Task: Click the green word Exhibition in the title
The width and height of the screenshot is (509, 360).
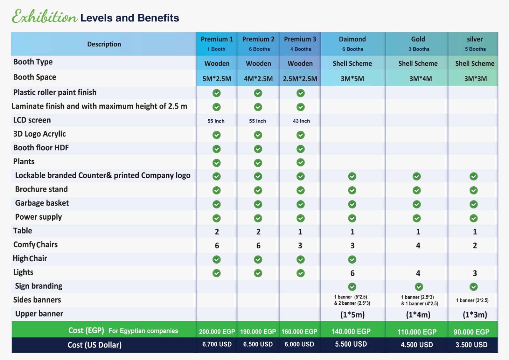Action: point(45,16)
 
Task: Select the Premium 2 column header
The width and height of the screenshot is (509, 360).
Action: point(258,44)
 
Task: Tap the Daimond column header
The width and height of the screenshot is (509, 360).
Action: point(352,44)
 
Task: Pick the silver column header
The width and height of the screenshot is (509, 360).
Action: point(475,44)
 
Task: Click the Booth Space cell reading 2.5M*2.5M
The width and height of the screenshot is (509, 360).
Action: point(300,79)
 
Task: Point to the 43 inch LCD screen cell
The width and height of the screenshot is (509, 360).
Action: point(301,121)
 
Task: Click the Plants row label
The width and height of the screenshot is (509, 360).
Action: point(24,161)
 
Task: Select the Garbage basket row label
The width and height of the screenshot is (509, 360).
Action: point(42,203)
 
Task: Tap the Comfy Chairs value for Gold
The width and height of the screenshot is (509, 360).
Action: point(418,246)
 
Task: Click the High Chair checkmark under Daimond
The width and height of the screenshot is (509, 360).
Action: point(352,259)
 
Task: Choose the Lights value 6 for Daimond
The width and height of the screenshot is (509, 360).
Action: point(352,273)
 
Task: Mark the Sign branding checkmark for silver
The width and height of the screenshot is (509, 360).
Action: point(474,287)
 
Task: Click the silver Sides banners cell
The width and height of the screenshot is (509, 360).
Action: point(472,300)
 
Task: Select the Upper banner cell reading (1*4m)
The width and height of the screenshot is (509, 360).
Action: point(418,315)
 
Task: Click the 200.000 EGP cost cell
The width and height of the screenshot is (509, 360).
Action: point(217,332)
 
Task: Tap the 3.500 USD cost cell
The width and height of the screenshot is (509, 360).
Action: point(471,345)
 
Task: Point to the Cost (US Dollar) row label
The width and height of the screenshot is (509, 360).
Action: point(94,345)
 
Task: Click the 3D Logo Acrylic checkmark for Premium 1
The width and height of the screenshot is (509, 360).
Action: point(217,135)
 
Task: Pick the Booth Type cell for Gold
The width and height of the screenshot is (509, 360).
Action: point(418,63)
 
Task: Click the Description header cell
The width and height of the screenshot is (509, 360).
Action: point(104,44)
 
